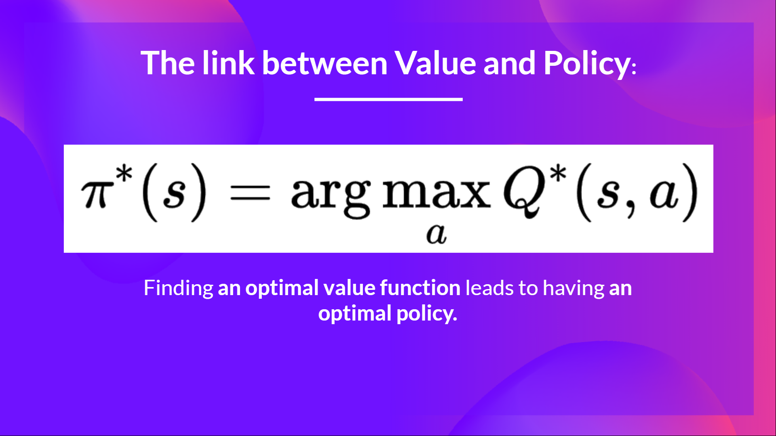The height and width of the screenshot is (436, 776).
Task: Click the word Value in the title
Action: (436, 63)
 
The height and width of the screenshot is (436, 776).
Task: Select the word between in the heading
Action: (325, 63)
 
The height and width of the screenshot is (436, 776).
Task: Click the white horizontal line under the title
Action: (388, 99)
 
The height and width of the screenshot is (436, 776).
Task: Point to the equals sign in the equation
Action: (249, 193)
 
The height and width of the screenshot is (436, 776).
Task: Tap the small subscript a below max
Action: (436, 234)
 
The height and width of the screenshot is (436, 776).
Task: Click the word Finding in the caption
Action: (178, 288)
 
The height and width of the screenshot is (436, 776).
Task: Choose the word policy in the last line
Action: (426, 314)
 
